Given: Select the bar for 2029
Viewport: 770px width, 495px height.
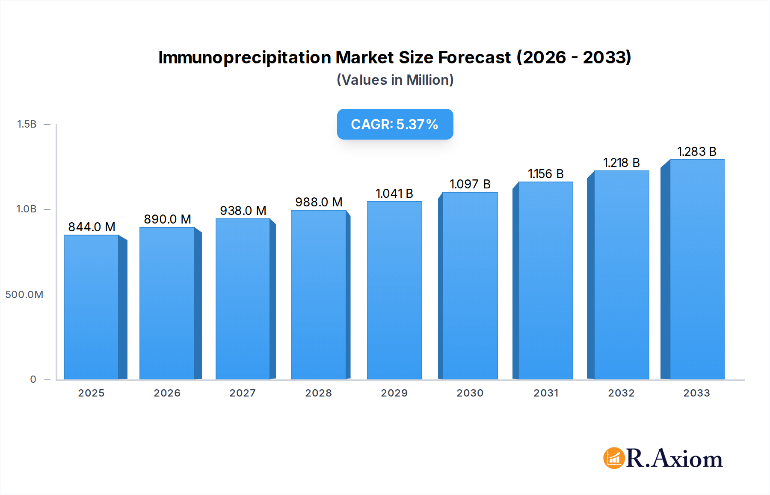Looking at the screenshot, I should click(x=394, y=290).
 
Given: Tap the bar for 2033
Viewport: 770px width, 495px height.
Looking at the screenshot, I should click(x=696, y=270).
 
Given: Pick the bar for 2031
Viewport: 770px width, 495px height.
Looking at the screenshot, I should click(x=545, y=280).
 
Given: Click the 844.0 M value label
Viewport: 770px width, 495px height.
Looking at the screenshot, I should click(x=92, y=227).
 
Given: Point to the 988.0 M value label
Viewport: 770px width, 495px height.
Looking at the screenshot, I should click(x=319, y=202).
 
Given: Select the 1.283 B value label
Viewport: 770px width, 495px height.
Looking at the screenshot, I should click(x=696, y=152).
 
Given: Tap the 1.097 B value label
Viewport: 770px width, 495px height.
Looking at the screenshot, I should click(x=470, y=184).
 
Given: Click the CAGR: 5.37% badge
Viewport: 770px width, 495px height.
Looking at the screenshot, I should click(x=395, y=124).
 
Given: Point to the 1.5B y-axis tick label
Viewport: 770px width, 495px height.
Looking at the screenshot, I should click(x=27, y=124).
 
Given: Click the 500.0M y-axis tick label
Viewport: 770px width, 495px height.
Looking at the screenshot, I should click(x=24, y=295).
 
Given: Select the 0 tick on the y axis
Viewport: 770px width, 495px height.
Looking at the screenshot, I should click(x=33, y=379).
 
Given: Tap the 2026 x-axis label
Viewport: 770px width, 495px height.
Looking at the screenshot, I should click(x=167, y=393).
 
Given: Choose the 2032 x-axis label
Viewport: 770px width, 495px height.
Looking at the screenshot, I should click(x=621, y=393).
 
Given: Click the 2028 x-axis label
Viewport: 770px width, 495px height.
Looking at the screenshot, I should click(x=319, y=393).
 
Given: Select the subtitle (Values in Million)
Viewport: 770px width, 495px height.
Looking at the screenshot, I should click(x=395, y=80).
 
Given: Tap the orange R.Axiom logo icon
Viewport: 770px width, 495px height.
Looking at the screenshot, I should click(x=614, y=458).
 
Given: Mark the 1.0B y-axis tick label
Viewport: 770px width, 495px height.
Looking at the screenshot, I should click(x=27, y=209).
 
